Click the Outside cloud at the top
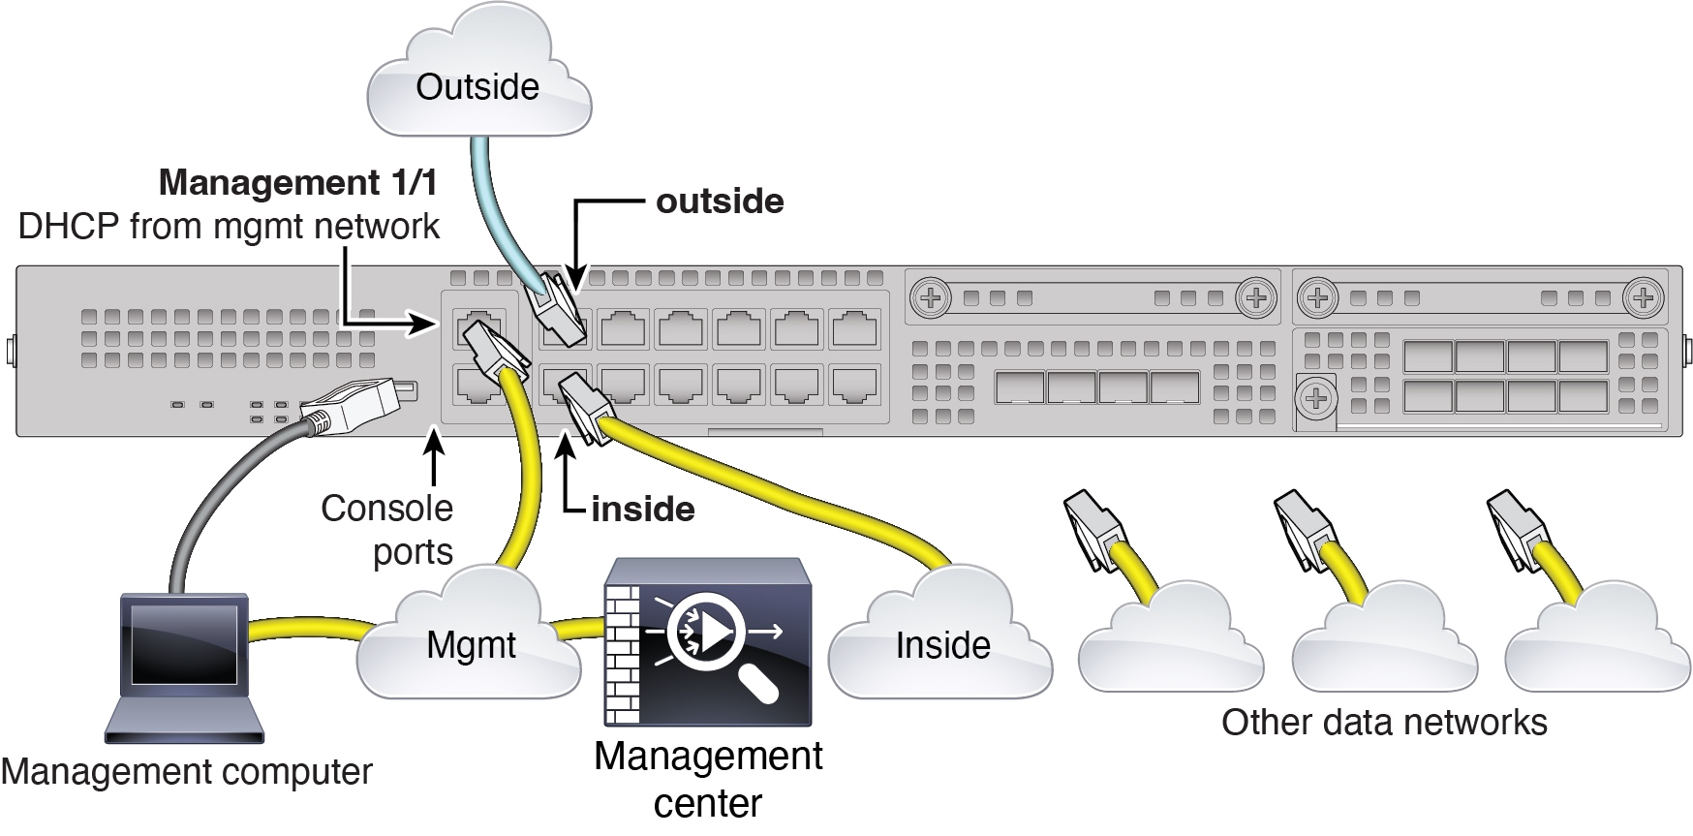coord(478,73)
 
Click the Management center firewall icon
coord(707,641)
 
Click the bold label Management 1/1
coord(298,182)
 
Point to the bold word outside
coord(720,201)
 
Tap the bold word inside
coord(643,510)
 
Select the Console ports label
coord(387,529)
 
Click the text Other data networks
coord(1384,722)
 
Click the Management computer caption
coord(186,772)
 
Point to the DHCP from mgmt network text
coord(229,227)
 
